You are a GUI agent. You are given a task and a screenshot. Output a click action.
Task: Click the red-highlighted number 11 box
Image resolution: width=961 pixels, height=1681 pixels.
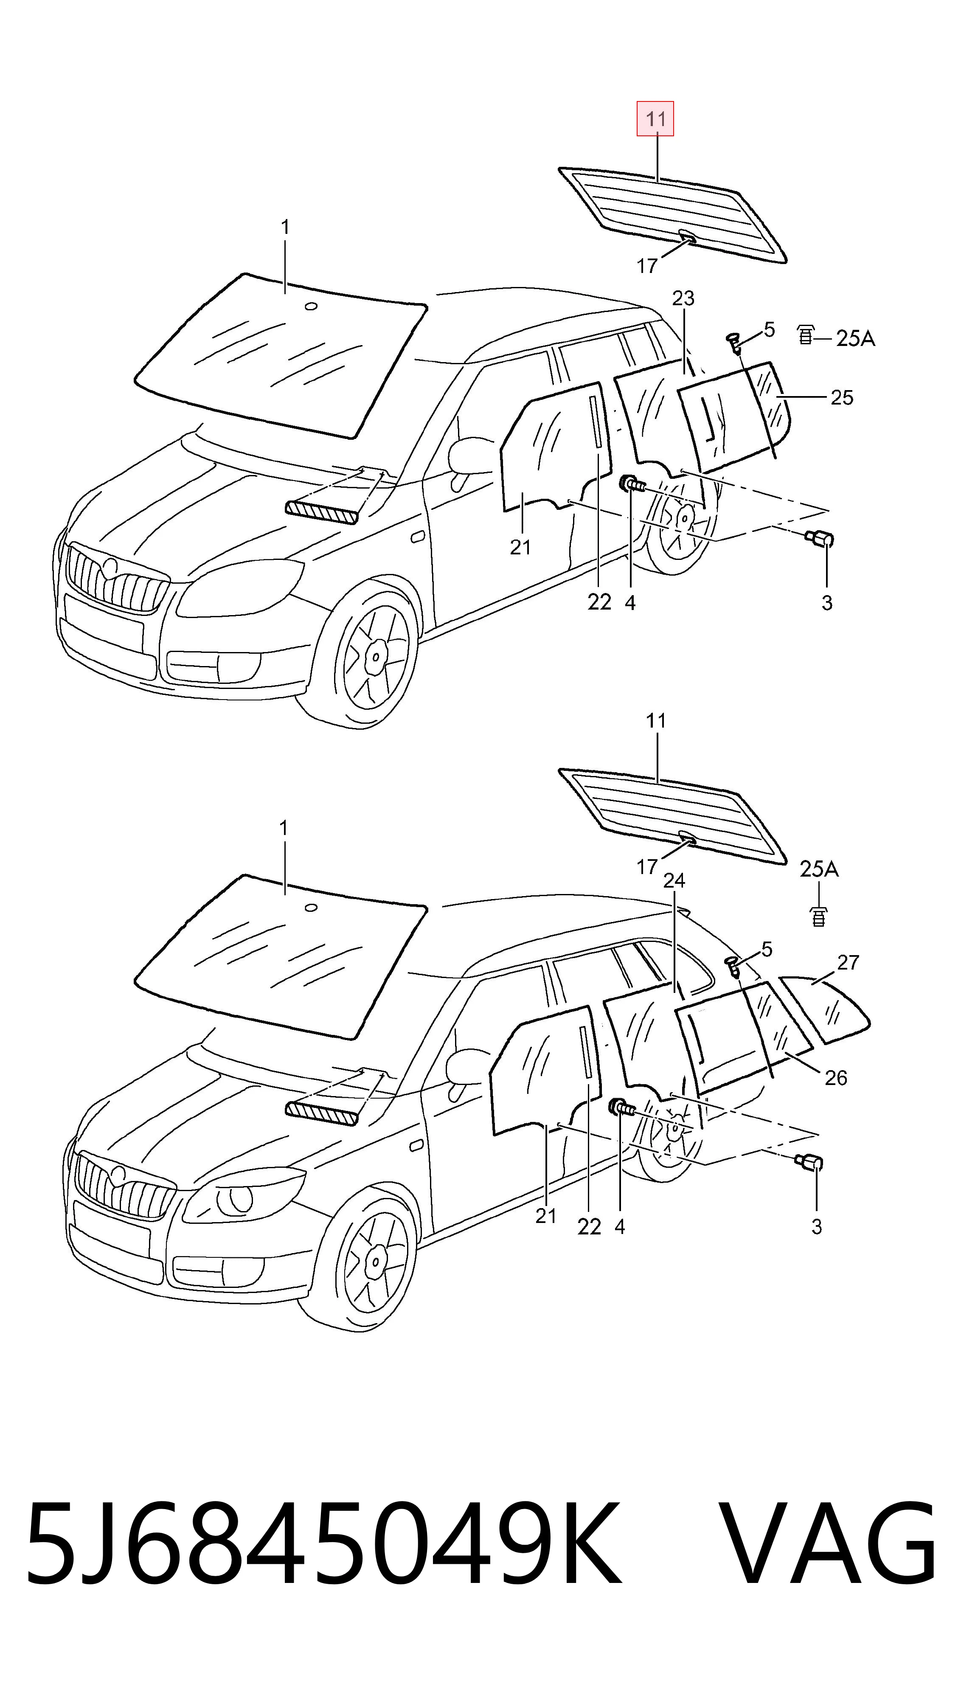pyautogui.click(x=655, y=119)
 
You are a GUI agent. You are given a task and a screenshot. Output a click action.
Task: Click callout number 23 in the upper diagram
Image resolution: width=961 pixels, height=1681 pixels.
pyautogui.click(x=683, y=298)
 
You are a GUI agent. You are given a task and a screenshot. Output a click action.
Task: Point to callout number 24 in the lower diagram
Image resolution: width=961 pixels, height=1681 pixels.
pyautogui.click(x=674, y=880)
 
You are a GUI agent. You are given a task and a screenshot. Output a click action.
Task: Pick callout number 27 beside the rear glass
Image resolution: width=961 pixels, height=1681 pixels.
pyautogui.click(x=848, y=963)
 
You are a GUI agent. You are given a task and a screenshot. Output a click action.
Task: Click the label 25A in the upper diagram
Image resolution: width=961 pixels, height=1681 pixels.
pyautogui.click(x=855, y=339)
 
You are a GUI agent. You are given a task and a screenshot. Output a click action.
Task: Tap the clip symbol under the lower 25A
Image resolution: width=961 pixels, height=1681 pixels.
pyautogui.click(x=818, y=917)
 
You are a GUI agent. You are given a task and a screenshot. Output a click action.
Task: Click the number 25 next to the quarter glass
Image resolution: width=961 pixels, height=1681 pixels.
pyautogui.click(x=842, y=397)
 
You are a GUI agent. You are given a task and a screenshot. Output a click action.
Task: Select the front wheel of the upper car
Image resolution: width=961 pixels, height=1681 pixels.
pyautogui.click(x=373, y=657)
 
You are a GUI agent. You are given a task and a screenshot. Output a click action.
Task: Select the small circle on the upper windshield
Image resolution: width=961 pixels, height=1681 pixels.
pyautogui.click(x=311, y=306)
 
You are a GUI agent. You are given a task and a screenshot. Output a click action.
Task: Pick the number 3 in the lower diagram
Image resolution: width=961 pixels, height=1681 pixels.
pyautogui.click(x=816, y=1226)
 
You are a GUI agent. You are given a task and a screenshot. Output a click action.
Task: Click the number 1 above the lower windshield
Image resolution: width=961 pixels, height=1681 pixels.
pyautogui.click(x=284, y=828)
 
